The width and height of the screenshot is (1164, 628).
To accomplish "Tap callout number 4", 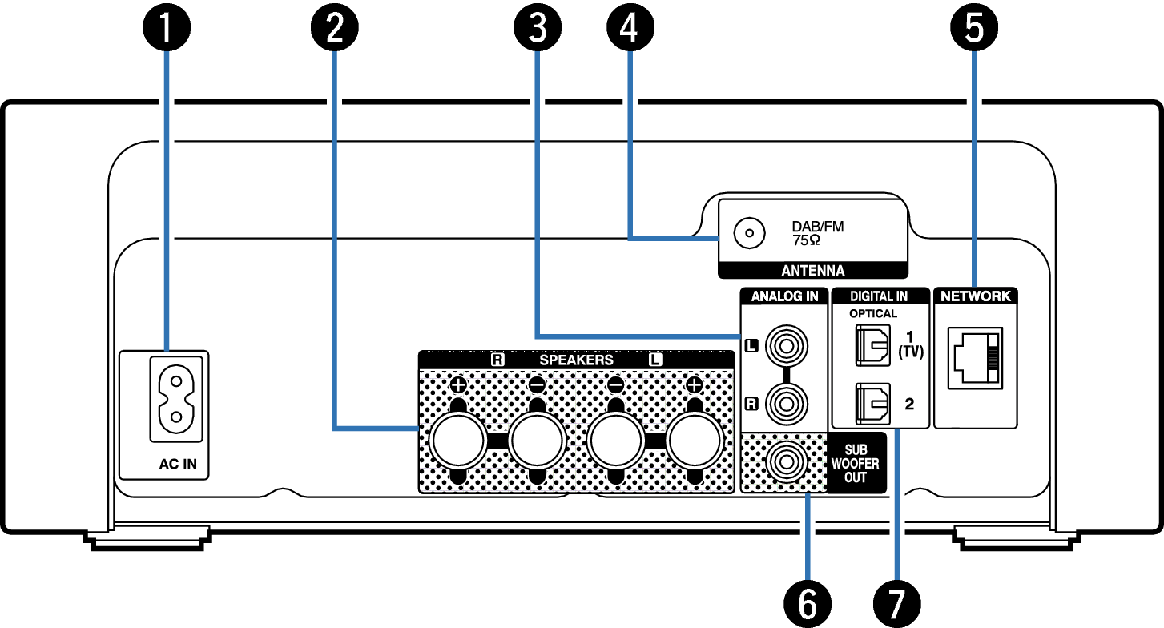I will point(630,29).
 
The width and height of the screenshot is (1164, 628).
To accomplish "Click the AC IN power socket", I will point(175,399).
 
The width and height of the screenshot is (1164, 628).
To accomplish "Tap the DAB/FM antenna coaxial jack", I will point(750,235).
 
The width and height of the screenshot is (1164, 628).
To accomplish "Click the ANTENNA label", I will point(812,271).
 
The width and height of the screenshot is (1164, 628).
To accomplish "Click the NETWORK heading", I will point(976,296).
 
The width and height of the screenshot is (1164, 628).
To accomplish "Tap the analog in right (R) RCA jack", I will point(785,404).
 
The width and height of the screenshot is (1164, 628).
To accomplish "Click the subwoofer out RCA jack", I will point(785,462).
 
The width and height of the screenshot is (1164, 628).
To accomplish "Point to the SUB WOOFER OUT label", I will point(856,464).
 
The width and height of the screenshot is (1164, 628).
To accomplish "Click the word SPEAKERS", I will point(576,360).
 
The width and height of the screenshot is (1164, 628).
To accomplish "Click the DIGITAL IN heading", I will point(879,296).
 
